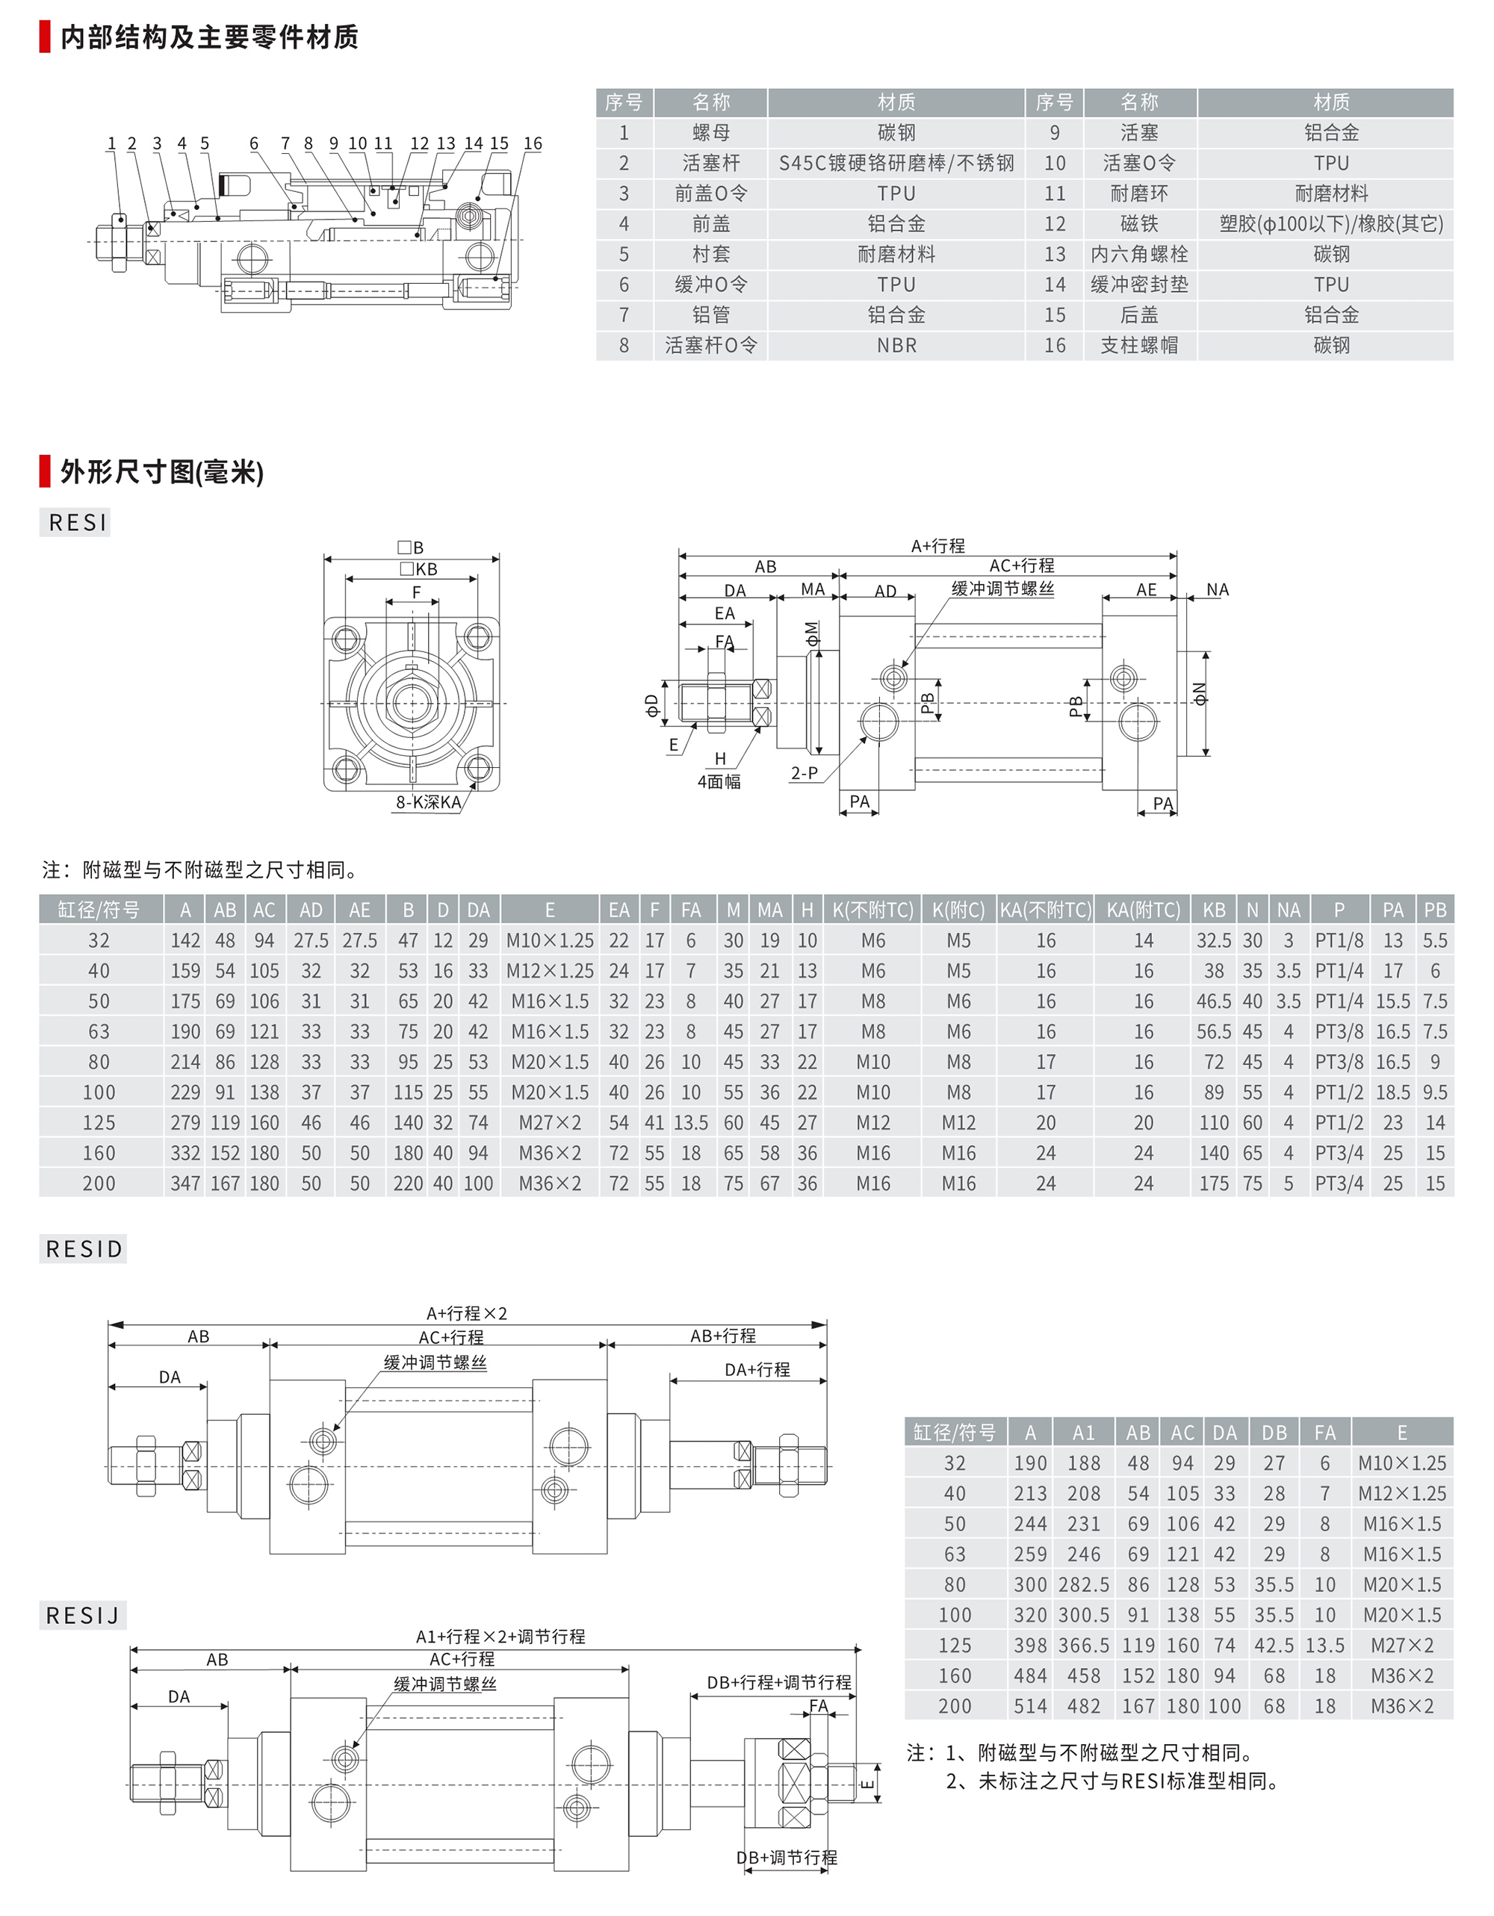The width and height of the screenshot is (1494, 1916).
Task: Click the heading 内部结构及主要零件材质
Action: [x=209, y=37]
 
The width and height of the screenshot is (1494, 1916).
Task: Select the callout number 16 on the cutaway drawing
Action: [x=533, y=143]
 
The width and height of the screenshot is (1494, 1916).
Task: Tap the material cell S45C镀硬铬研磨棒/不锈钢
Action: [x=896, y=163]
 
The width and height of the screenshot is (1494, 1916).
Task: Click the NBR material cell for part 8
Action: [x=896, y=346]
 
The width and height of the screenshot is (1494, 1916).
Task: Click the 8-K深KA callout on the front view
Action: [x=428, y=802]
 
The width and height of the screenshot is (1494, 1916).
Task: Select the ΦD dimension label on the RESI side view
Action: [x=651, y=704]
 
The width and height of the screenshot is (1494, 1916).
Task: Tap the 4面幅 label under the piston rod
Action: [x=719, y=781]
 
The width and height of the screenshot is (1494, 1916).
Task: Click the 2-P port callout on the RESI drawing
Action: [x=804, y=773]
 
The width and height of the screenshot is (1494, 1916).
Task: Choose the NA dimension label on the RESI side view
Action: [x=1217, y=589]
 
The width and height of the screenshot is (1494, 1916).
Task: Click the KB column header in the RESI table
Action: [x=1213, y=910]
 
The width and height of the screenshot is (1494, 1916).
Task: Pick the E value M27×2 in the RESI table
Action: [x=549, y=1123]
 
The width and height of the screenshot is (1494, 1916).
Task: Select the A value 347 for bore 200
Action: [x=185, y=1183]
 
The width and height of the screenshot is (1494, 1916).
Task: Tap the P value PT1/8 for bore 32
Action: [x=1338, y=940]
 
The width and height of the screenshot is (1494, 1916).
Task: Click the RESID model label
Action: [x=84, y=1249]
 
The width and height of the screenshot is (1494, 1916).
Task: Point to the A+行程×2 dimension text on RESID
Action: [x=466, y=1313]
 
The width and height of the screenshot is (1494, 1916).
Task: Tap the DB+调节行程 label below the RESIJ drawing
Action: [x=786, y=1857]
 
